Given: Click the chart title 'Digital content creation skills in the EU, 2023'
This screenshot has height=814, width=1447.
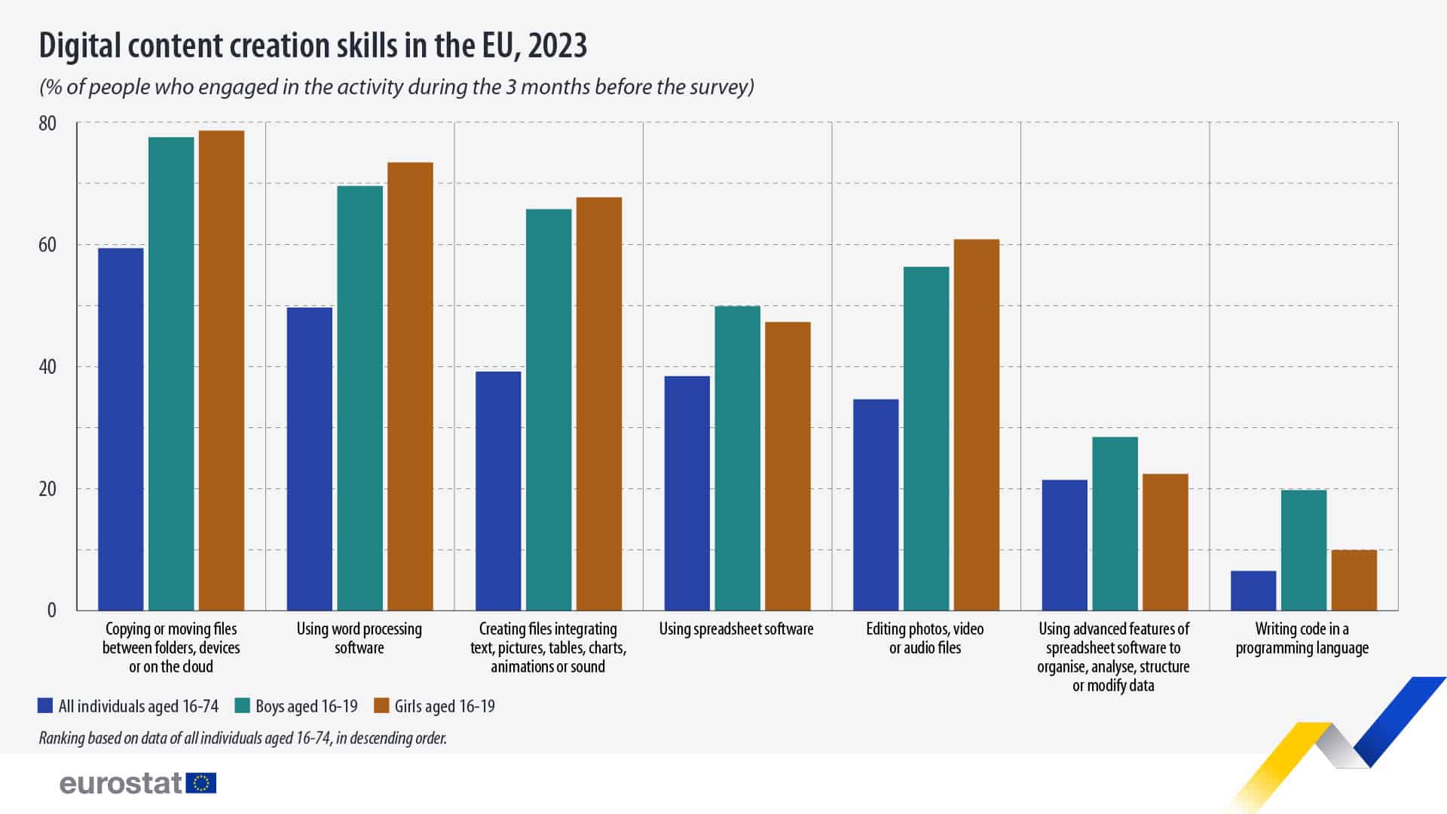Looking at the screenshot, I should [x=313, y=46].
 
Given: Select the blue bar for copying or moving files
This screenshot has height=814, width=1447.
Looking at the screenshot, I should [x=121, y=429].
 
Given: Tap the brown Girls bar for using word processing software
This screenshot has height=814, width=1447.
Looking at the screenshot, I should [x=410, y=386].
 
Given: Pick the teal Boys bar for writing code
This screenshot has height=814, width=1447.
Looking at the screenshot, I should [x=1303, y=550].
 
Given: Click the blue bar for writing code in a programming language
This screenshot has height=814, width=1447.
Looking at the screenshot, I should [x=1253, y=591].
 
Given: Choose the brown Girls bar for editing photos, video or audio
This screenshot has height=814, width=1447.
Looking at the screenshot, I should [x=977, y=424].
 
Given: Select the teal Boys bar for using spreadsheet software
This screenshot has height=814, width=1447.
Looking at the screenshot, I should [x=737, y=458].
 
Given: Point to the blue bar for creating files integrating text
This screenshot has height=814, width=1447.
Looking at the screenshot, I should [x=498, y=491].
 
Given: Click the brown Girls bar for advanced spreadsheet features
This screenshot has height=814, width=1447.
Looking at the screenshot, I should [x=1165, y=542].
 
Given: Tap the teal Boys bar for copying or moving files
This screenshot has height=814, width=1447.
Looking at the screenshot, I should [x=171, y=374].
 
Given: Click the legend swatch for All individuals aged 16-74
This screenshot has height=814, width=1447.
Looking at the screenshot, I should [x=45, y=706].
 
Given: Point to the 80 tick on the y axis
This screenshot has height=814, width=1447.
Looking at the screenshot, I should [x=47, y=123].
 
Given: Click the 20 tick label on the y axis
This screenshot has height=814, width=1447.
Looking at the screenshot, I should [x=47, y=489].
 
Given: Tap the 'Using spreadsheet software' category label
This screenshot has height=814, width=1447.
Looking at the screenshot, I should [x=736, y=629].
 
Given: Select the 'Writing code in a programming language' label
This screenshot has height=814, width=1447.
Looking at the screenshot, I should [x=1302, y=638].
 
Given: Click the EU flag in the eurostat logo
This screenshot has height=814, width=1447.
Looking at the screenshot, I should [x=200, y=783].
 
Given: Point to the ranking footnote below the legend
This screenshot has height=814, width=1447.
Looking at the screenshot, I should [x=243, y=738].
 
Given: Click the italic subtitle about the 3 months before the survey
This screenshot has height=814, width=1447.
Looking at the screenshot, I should [x=396, y=87].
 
